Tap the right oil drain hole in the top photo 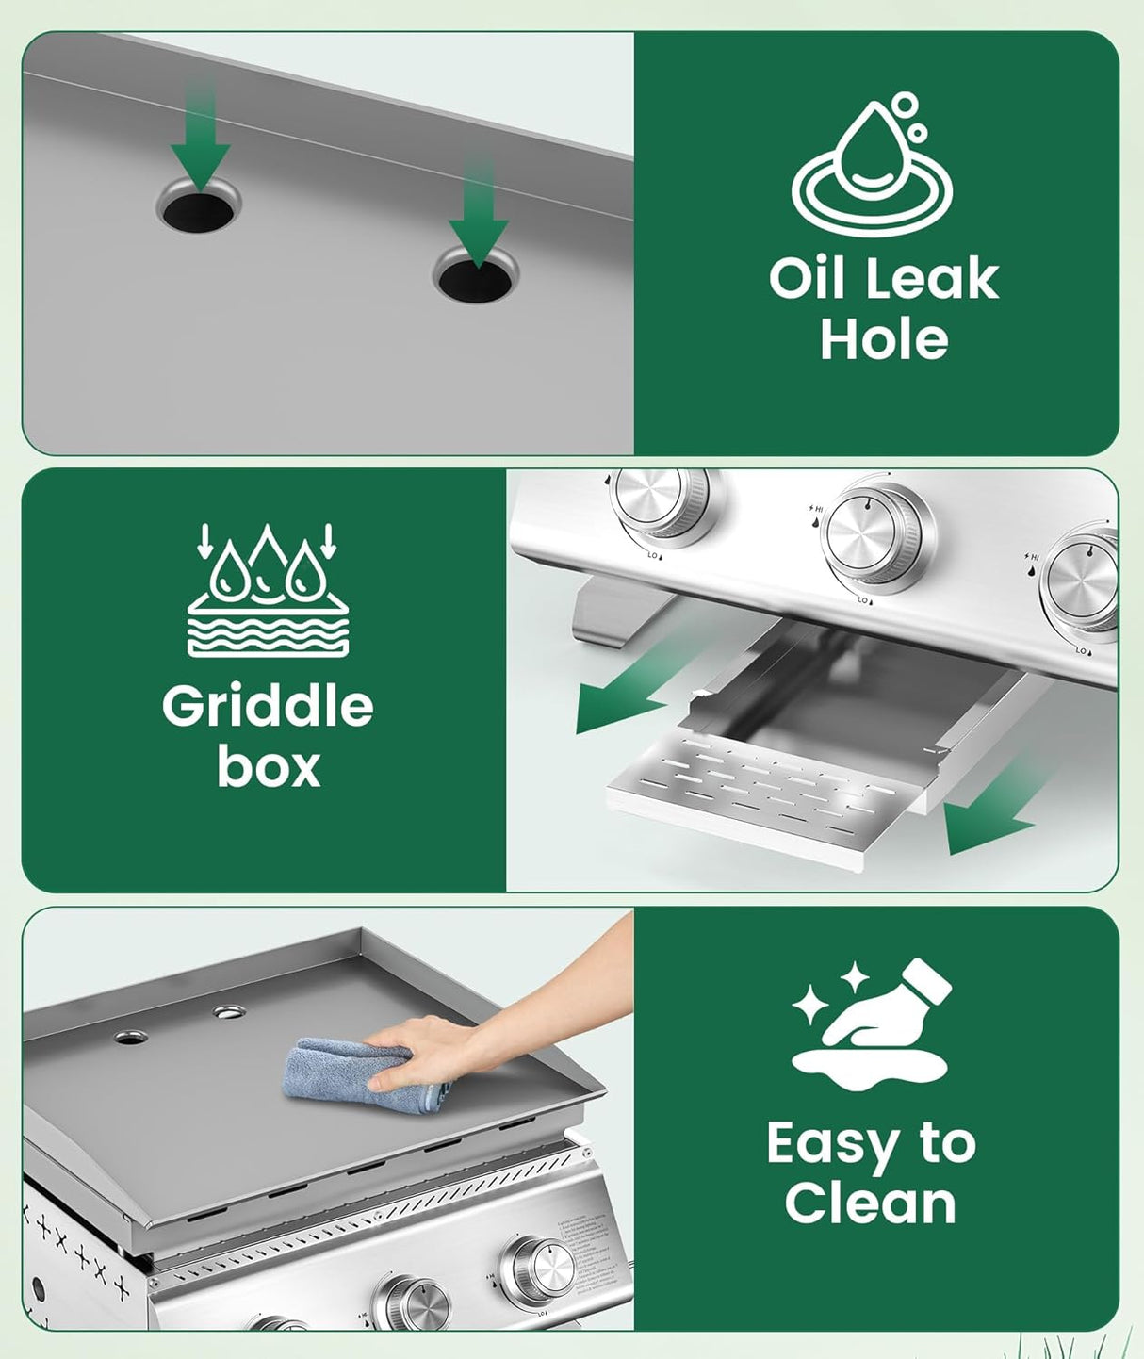[475, 279]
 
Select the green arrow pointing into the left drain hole [201, 141]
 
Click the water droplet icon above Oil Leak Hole [873, 166]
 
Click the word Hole [883, 339]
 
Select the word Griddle [268, 706]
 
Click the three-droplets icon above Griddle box [268, 590]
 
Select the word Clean [870, 1203]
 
